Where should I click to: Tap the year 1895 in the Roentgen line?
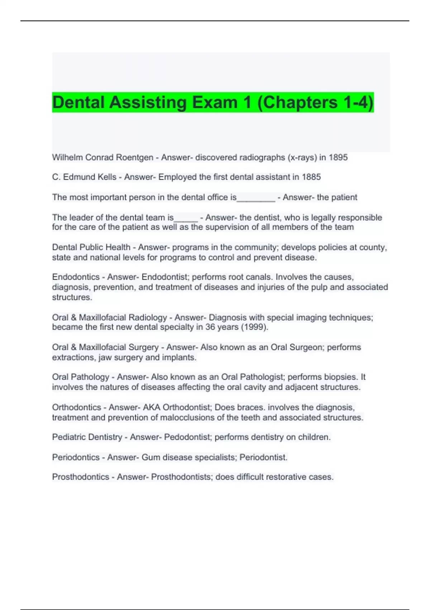[338, 158]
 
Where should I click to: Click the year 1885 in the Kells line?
[311, 177]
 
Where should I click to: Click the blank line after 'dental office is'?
[256, 198]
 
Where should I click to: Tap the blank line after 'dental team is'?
[186, 219]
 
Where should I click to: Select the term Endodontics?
[76, 277]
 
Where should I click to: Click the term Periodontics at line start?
[76, 457]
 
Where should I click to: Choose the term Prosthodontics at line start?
[80, 477]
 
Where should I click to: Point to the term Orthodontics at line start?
[76, 408]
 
